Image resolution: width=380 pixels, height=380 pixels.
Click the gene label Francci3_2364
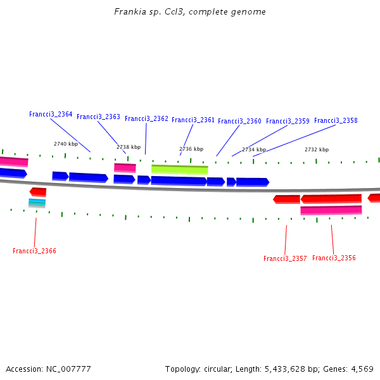(x=51, y=115)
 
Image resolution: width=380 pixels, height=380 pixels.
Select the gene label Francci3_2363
(x=98, y=117)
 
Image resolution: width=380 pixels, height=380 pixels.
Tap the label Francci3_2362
(x=146, y=119)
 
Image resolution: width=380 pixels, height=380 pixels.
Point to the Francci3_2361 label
(x=193, y=120)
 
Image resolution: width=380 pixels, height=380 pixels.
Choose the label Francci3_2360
(x=239, y=122)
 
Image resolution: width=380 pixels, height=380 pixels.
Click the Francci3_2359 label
(x=288, y=122)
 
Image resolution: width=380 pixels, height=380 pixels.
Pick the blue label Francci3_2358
(x=336, y=121)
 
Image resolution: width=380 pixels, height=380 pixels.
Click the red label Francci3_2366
(x=34, y=251)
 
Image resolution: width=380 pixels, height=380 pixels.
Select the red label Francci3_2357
(x=285, y=259)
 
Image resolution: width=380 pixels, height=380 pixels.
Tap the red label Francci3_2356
(x=334, y=258)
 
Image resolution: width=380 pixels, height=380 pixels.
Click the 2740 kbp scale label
(x=66, y=144)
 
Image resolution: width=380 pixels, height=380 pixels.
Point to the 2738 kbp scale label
(x=129, y=147)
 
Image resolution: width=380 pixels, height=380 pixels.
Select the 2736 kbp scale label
(x=191, y=149)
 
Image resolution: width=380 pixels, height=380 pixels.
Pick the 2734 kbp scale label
(x=254, y=150)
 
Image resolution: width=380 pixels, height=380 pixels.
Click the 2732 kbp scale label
(x=317, y=150)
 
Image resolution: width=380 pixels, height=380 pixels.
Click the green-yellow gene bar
(x=179, y=169)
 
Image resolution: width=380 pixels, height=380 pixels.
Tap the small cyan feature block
(x=37, y=202)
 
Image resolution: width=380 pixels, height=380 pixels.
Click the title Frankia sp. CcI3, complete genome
(x=190, y=12)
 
